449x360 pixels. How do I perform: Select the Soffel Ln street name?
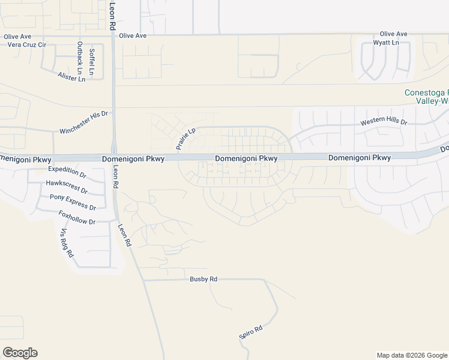[x=91, y=61]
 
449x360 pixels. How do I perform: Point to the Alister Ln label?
[x=71, y=77]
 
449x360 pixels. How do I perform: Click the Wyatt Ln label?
[x=387, y=43]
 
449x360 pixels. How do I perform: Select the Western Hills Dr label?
[x=384, y=122]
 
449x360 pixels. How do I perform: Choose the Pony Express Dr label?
[x=73, y=202]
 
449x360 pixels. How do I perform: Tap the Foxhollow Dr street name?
[x=77, y=217]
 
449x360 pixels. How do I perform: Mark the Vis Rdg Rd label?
[x=67, y=242]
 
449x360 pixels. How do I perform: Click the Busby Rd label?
[x=203, y=279]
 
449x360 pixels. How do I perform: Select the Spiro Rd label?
[x=251, y=332]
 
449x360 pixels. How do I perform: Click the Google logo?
[x=20, y=353]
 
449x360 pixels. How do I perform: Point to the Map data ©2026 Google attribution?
[x=412, y=355]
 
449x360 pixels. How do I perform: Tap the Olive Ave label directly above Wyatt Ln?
[x=394, y=34]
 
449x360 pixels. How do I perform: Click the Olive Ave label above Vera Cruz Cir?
[x=17, y=37]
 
